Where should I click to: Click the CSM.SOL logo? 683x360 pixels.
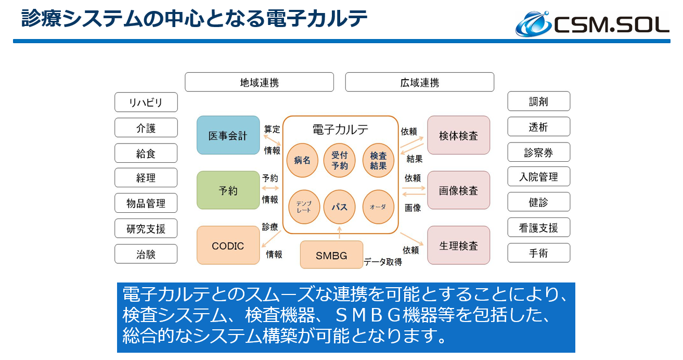point(592,23)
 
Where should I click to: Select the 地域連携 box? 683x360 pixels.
point(259,82)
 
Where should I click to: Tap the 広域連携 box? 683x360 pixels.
point(419,82)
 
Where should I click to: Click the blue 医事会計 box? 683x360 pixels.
point(228,135)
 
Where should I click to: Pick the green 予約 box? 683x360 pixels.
point(228,190)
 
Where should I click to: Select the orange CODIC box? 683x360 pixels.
point(228,246)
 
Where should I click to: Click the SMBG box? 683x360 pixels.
point(331,255)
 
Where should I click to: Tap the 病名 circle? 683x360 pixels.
point(302,160)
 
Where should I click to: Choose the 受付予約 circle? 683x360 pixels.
point(340,160)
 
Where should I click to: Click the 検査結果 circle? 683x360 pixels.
point(378,160)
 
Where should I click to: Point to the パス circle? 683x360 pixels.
point(340,207)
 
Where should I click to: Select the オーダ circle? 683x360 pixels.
point(378,207)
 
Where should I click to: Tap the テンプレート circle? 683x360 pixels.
point(303,207)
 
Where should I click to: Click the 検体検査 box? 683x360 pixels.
point(458,135)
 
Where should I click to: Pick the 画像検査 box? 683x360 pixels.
point(458,190)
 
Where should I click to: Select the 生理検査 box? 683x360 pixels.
point(458,246)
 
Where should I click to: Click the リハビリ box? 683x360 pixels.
point(146,102)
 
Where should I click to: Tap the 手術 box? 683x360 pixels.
point(538,253)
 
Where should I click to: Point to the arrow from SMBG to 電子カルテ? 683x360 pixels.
point(339,232)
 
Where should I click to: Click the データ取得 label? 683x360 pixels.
point(383,262)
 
